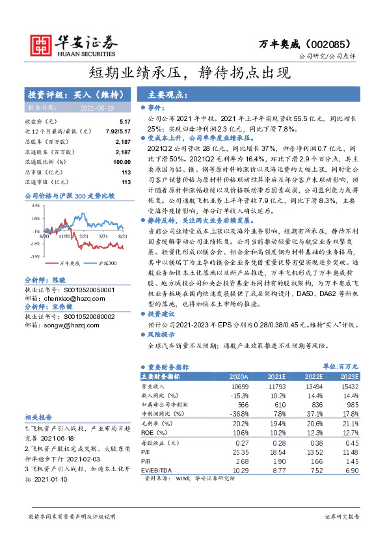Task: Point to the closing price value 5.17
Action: [125, 122]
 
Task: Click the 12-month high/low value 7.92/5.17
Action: [116, 131]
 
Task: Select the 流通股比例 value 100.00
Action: [122, 161]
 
